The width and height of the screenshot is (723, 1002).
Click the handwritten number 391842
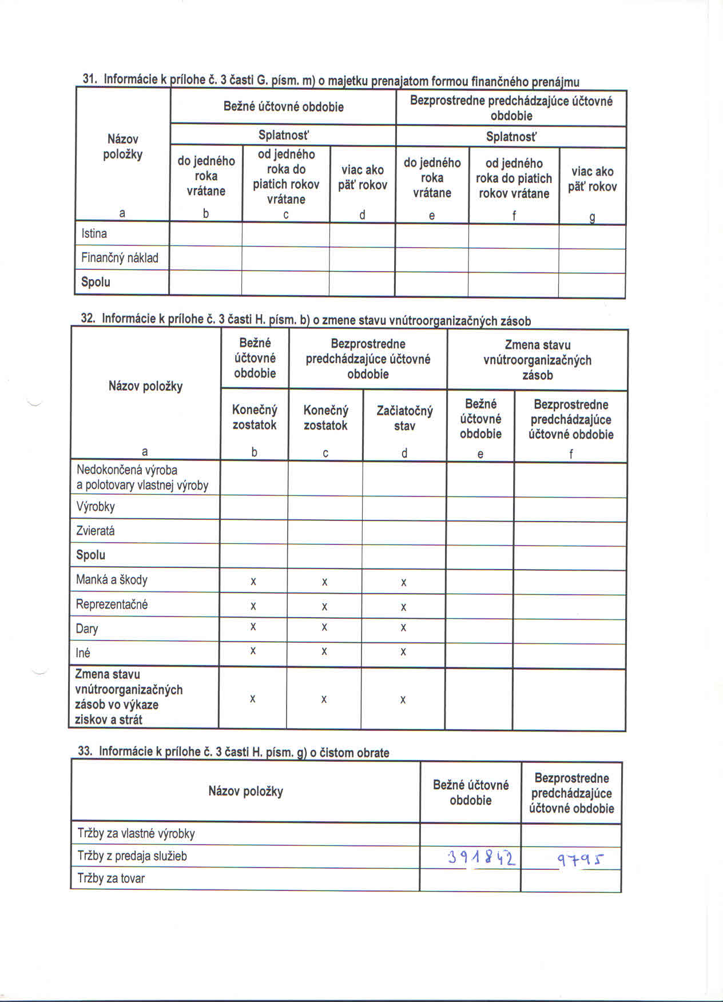pos(482,858)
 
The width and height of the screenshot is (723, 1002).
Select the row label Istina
pos(94,233)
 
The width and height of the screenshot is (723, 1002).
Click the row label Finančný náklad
pos(120,258)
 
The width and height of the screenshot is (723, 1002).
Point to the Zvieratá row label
pos(96,531)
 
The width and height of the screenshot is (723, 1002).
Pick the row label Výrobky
pos(96,507)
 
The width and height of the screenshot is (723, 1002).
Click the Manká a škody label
pos(112,580)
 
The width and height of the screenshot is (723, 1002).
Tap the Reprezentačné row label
pos(112,605)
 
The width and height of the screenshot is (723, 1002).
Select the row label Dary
pos(87,629)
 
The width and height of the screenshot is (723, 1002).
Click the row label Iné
pos(83,653)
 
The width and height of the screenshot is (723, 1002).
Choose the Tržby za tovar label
pos(111,878)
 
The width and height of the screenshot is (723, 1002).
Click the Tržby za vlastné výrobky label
pos(136,833)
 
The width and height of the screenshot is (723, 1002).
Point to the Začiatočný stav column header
pos(404,418)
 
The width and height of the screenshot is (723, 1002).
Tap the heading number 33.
pos(85,751)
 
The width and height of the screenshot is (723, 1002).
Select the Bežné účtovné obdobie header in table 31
pos(283,107)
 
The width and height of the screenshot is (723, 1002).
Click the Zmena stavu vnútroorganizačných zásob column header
pos(537,360)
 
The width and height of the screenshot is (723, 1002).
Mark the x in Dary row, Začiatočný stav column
pos(403,628)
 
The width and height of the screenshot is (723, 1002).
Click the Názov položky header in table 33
pos(245,792)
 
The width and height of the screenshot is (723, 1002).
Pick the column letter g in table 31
pos(592,217)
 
